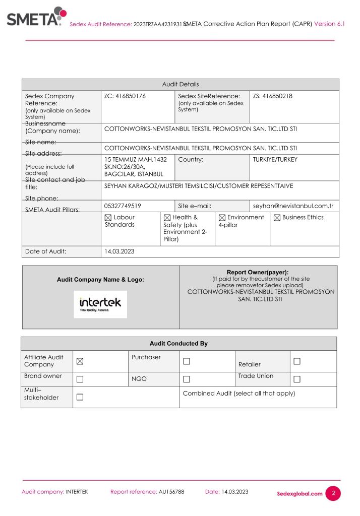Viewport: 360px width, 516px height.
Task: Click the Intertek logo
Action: (100, 304)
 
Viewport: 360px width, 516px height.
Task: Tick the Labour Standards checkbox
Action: (108, 218)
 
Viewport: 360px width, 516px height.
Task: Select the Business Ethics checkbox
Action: (277, 218)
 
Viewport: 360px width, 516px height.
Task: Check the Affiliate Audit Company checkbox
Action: (80, 361)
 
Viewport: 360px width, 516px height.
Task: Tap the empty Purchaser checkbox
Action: (187, 361)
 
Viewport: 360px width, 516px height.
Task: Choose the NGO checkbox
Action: (187, 379)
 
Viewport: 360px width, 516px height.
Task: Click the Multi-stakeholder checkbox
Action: (80, 397)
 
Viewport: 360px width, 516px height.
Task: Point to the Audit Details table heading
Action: (180, 85)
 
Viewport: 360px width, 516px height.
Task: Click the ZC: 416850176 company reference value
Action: (125, 96)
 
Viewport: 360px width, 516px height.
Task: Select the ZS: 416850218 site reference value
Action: (273, 96)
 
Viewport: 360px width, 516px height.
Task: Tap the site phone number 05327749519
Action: (123, 206)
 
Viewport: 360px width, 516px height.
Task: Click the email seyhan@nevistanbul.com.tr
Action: (293, 206)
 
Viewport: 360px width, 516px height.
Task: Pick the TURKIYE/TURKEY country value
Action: (275, 160)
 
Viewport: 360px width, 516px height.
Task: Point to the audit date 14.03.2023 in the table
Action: (119, 251)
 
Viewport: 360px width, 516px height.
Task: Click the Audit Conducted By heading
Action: (178, 344)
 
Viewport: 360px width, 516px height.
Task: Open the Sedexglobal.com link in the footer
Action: (299, 493)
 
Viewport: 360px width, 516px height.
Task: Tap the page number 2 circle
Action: (333, 493)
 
